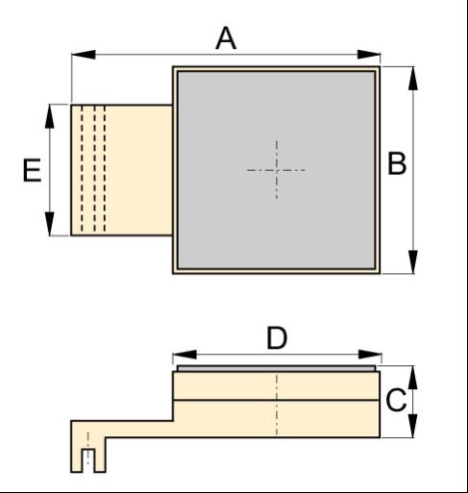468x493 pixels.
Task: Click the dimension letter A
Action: (x=226, y=38)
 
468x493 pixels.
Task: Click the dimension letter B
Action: (x=397, y=163)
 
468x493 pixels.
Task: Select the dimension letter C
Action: (x=396, y=400)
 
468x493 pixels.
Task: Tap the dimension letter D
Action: (x=277, y=337)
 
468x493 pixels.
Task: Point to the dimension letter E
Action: (x=32, y=170)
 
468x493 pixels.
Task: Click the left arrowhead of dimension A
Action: (x=84, y=55)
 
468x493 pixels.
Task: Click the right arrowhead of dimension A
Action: (x=369, y=55)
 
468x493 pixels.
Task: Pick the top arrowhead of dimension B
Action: (x=413, y=79)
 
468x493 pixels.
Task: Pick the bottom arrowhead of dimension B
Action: (x=413, y=262)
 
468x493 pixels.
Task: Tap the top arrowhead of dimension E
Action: (x=49, y=116)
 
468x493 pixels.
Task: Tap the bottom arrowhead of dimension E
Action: (x=49, y=224)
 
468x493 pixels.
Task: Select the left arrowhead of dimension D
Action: (x=185, y=355)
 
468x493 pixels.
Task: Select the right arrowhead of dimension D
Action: (x=370, y=355)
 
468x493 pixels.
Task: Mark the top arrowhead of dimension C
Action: (x=413, y=378)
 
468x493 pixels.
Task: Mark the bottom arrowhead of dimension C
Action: (x=413, y=426)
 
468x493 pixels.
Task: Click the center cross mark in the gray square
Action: (x=277, y=170)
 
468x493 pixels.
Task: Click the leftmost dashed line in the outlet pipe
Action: (x=82, y=168)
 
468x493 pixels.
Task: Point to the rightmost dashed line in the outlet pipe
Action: (x=105, y=168)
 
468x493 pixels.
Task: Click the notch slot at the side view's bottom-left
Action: (x=88, y=460)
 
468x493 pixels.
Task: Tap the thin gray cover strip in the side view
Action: (x=276, y=368)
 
